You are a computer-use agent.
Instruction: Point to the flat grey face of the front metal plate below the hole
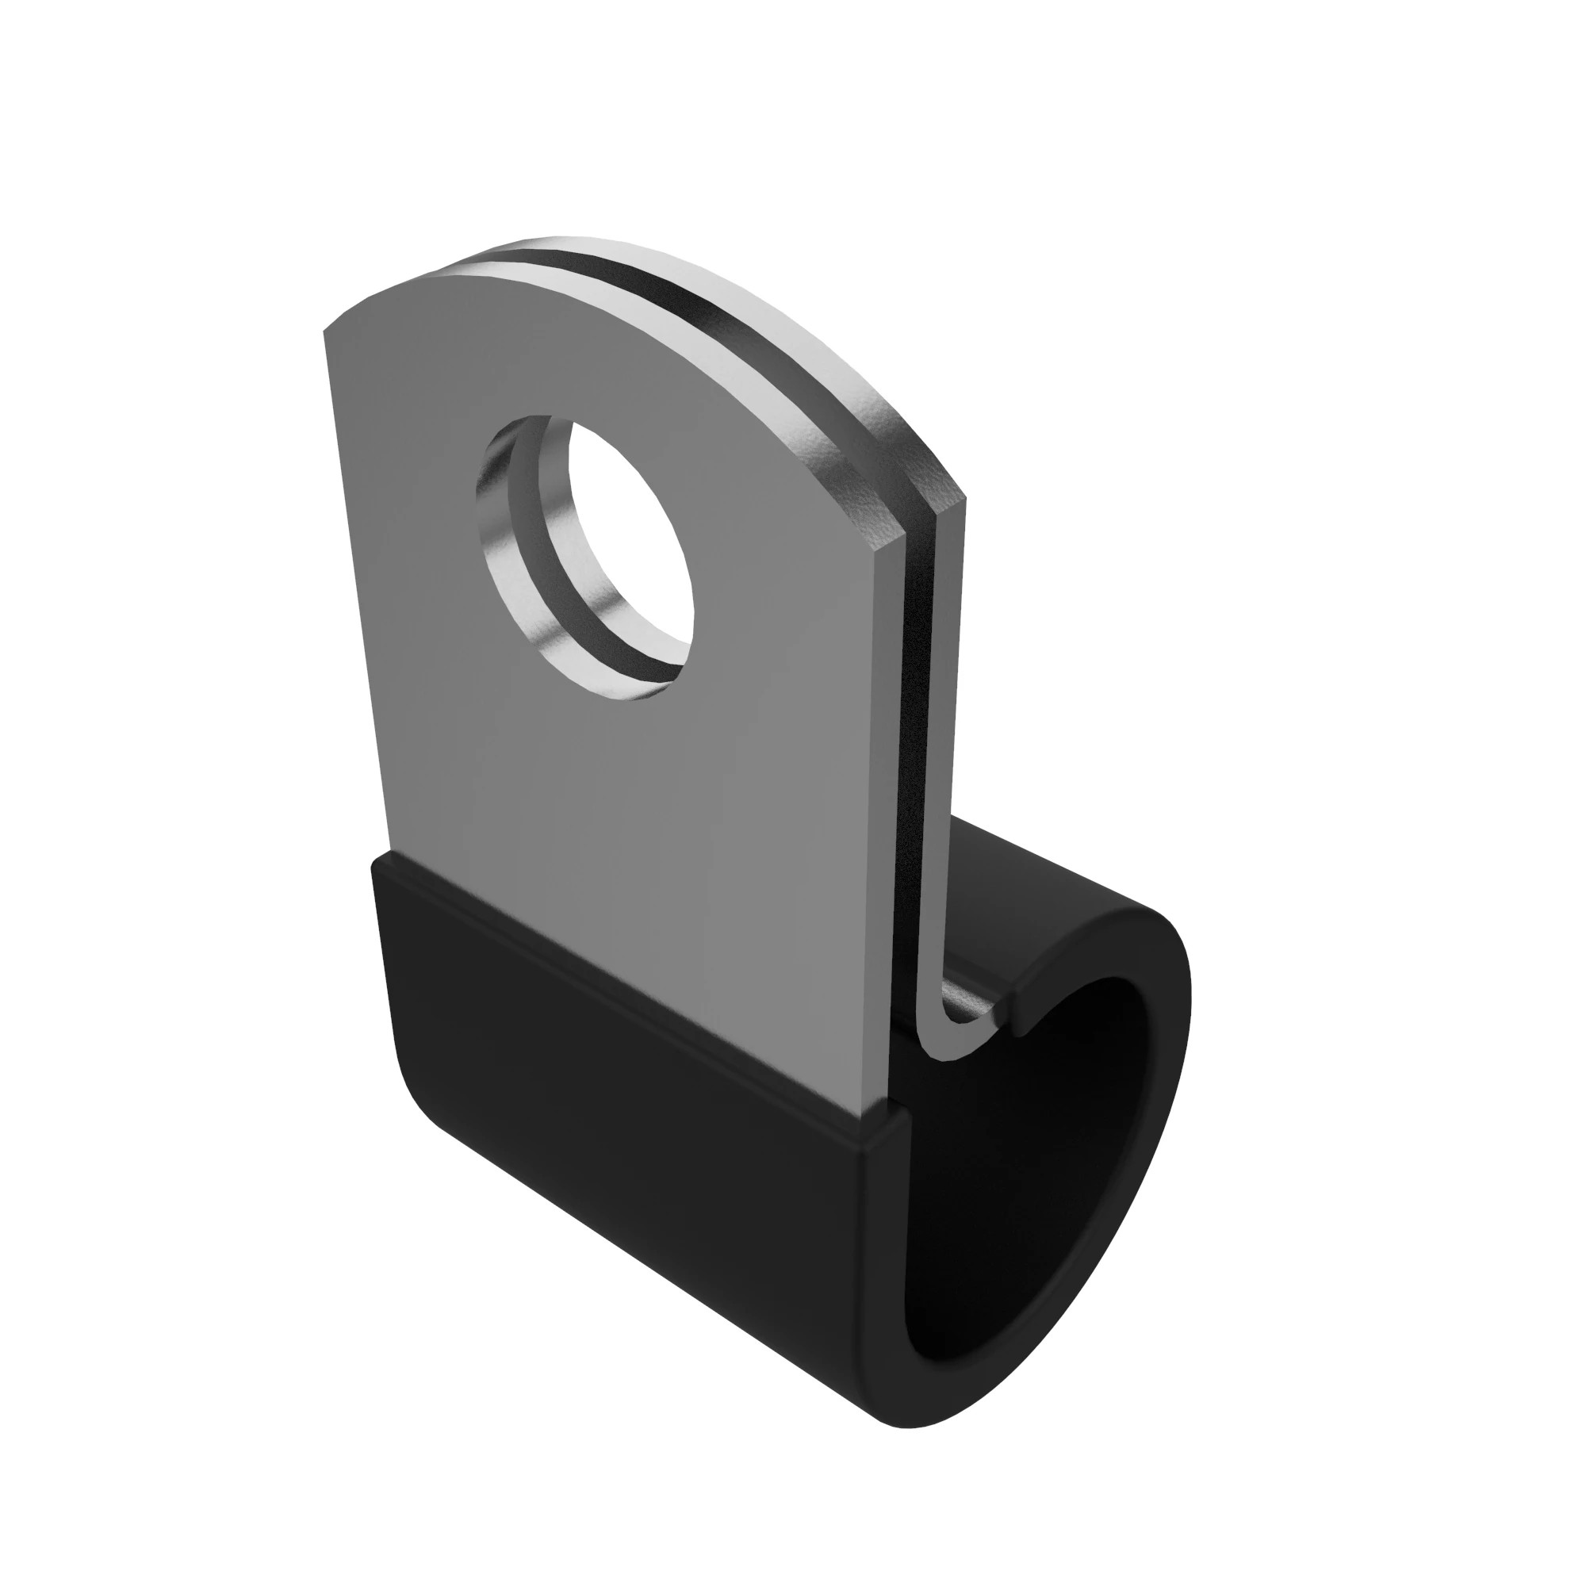(x=624, y=862)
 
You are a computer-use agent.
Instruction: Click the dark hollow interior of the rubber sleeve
(x=1083, y=1149)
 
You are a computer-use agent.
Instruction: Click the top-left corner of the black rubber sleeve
(x=376, y=858)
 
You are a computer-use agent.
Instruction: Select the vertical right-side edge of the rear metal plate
(x=952, y=739)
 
